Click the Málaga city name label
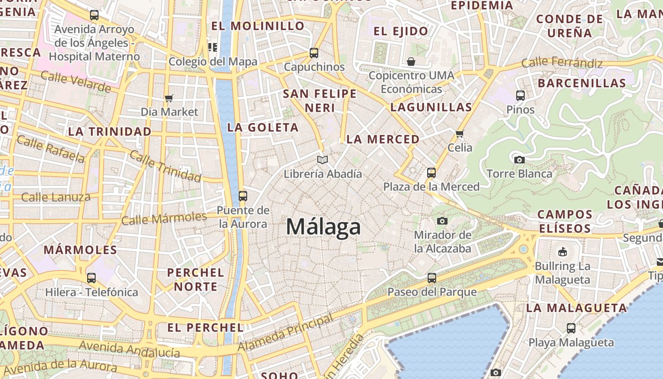[323, 226]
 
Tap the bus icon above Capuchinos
[314, 53]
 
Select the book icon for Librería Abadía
[323, 160]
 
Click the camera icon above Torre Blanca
[520, 160]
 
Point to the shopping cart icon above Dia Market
[169, 98]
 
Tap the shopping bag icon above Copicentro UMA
[411, 62]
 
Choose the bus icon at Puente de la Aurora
[243, 196]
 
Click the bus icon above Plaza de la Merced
[431, 173]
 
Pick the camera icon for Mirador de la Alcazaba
[442, 221]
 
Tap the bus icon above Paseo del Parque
[432, 278]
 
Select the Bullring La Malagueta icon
[563, 252]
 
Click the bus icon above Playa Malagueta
[571, 328]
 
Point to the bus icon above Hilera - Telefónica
[91, 278]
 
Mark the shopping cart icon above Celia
[459, 134]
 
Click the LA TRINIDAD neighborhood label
[109, 131]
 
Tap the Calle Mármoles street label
[164, 218]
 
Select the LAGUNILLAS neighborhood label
[431, 107]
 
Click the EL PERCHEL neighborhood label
[205, 327]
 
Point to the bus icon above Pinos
[520, 96]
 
